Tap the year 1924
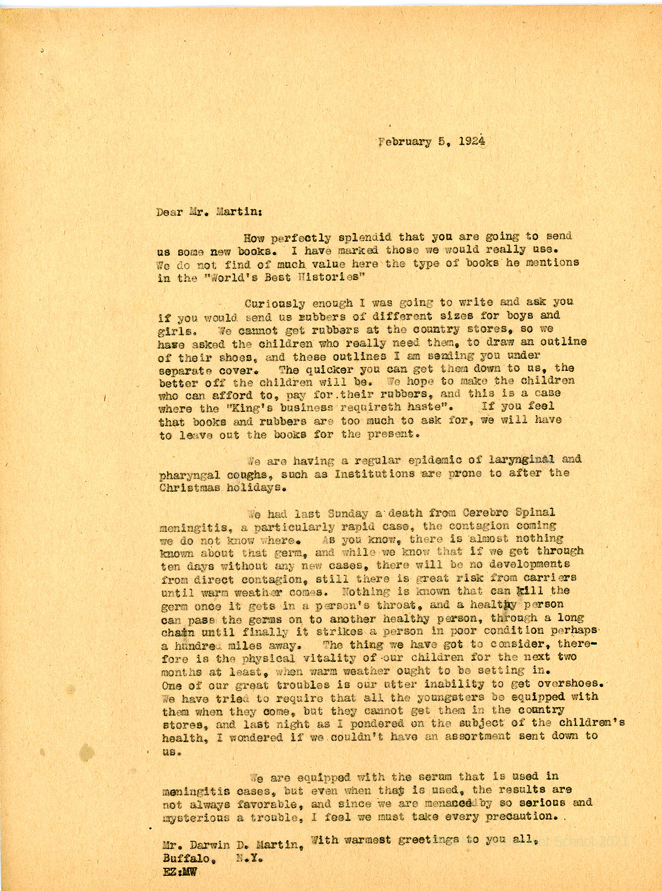coord(472,141)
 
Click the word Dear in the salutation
coord(170,211)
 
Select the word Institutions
coord(375,474)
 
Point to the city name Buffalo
coord(186,858)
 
